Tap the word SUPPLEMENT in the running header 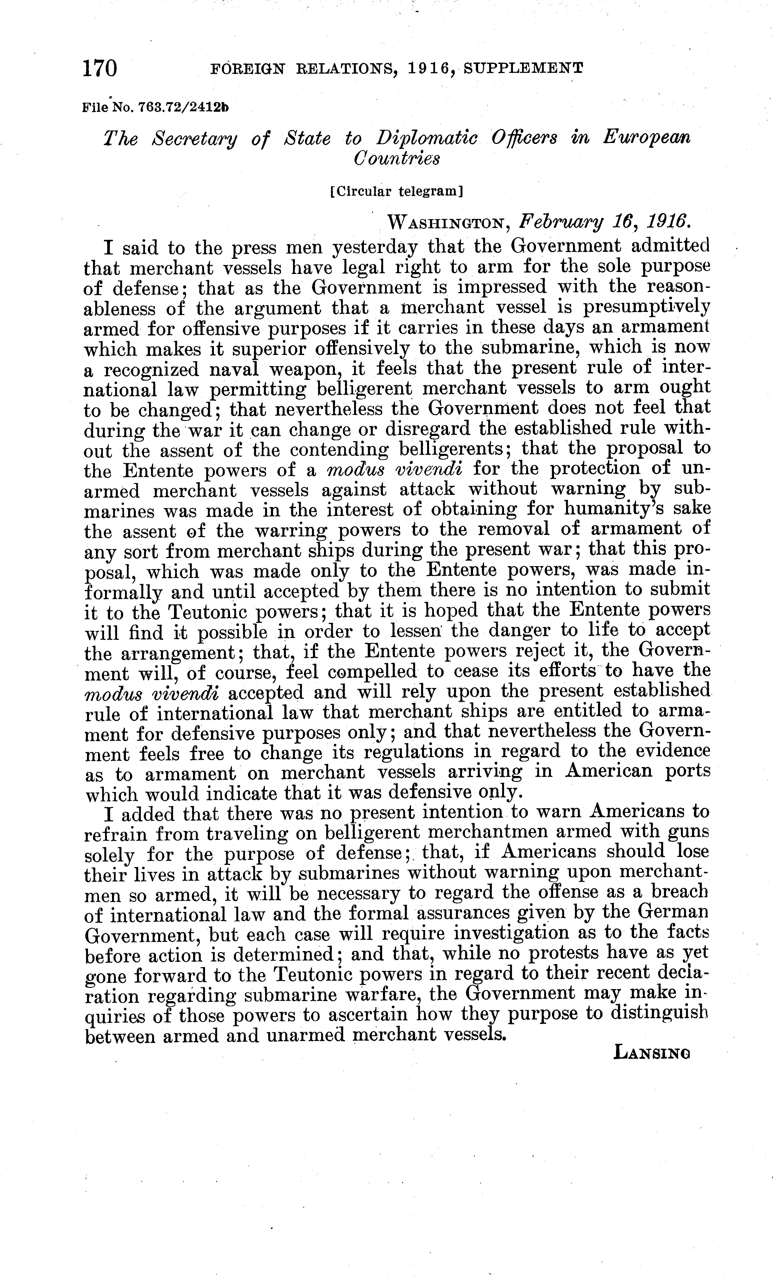coord(523,68)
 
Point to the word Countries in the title coord(396,158)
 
